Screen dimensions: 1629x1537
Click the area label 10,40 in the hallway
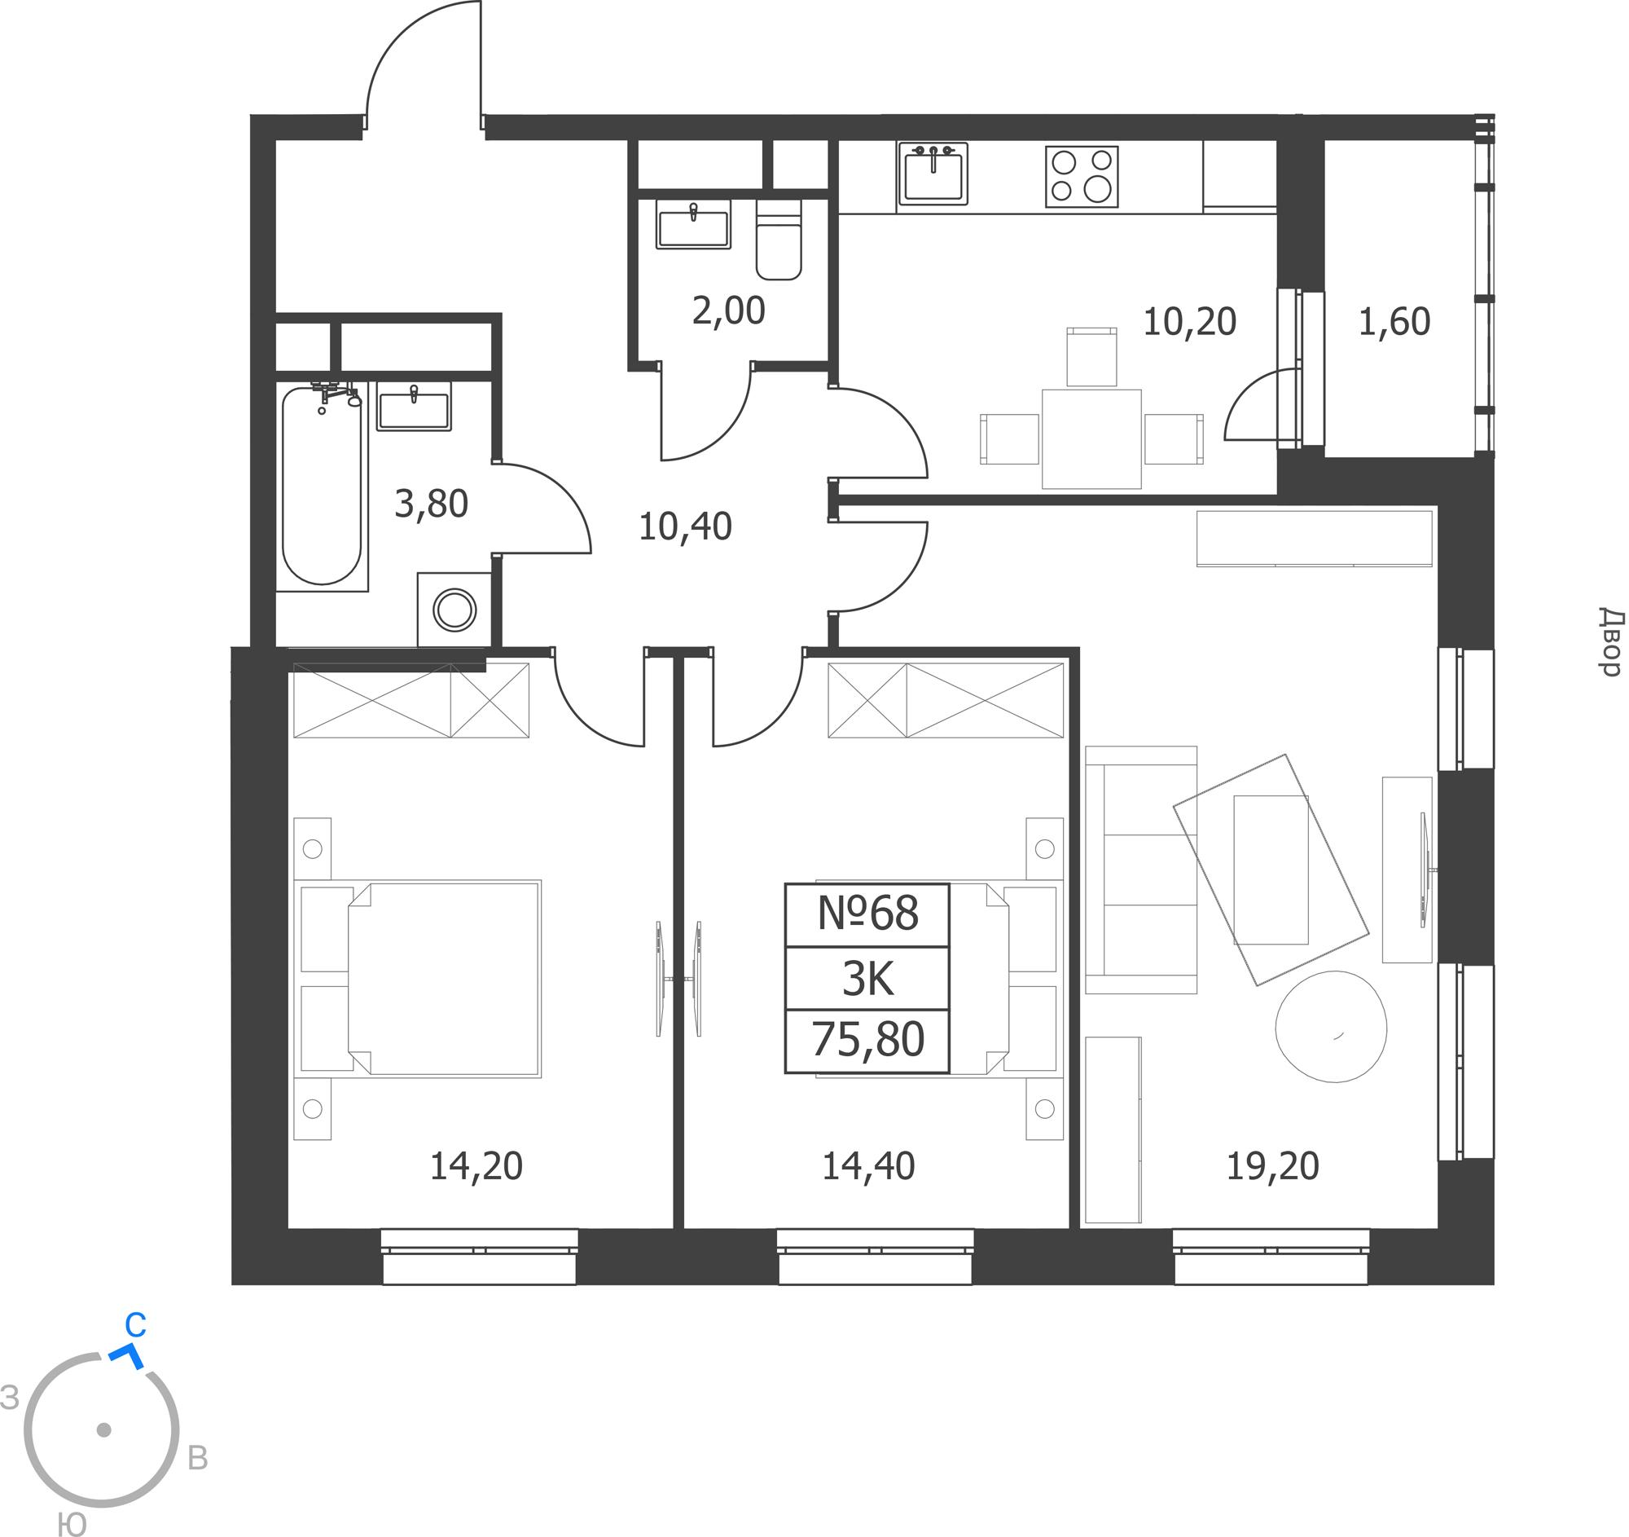tap(685, 526)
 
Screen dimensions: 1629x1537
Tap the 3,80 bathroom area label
tap(431, 504)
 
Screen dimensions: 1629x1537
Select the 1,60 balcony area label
tap(1394, 321)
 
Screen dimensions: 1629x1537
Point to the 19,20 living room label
tap(1272, 1165)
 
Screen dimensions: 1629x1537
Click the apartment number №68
tap(867, 914)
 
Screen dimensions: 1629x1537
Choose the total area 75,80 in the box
tap(867, 1038)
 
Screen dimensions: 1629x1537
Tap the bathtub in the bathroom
tap(321, 485)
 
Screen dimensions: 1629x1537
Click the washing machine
tap(454, 610)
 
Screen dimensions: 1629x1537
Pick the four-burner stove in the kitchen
tap(1082, 176)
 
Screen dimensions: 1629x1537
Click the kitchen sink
tap(933, 173)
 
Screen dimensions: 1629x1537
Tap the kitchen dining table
tap(1091, 438)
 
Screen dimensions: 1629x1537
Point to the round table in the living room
tap(1331, 1026)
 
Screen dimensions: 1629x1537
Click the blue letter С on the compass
tap(135, 1324)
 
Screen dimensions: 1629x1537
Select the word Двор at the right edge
tap(1610, 642)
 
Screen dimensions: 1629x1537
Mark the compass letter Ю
tap(73, 1524)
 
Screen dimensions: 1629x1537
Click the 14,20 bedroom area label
tap(476, 1165)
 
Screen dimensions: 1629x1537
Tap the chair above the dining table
tap(1091, 357)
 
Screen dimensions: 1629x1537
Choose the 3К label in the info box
tap(867, 979)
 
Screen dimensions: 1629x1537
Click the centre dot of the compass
tap(104, 1429)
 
